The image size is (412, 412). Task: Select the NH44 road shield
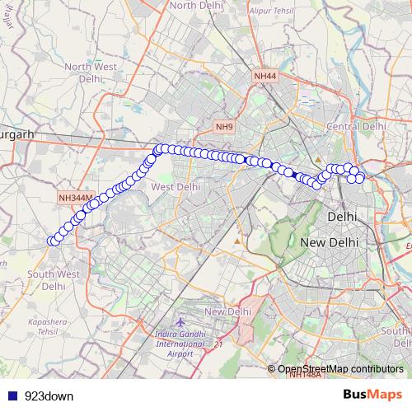click(265, 75)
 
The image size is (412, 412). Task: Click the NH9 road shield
click(224, 126)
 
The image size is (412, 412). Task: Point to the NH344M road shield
click(77, 198)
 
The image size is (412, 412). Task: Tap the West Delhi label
click(176, 187)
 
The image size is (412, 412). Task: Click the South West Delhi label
click(53, 279)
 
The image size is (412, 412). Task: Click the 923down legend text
click(49, 396)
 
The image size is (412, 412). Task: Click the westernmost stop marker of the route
click(52, 241)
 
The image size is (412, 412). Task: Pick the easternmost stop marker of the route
click(360, 178)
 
